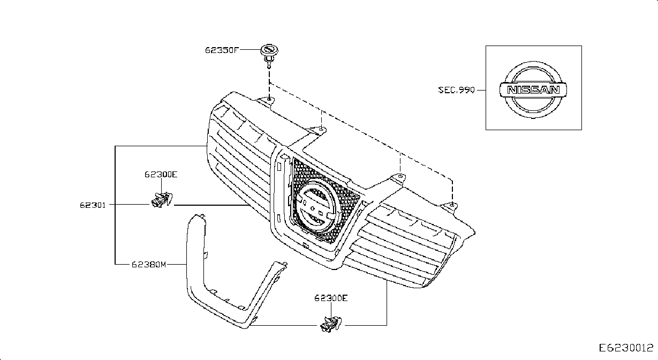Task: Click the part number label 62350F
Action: point(222,50)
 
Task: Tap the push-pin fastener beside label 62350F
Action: point(269,56)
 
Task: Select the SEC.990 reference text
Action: point(456,90)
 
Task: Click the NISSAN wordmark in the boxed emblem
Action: point(533,90)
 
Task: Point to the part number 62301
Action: point(93,205)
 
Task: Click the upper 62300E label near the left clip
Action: point(161,175)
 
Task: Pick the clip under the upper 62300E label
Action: point(161,199)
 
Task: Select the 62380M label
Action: point(149,265)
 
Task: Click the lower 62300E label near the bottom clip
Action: point(331,298)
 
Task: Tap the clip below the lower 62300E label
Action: point(331,325)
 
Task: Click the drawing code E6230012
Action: point(626,348)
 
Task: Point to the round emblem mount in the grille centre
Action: point(315,209)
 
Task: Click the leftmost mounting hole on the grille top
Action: point(269,100)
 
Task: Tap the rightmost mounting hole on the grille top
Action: point(452,205)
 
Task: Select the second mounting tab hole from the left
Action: point(322,129)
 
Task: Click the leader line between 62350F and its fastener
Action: point(250,50)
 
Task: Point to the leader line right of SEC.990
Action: point(481,90)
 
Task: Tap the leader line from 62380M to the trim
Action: point(177,265)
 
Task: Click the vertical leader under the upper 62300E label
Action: point(161,186)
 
